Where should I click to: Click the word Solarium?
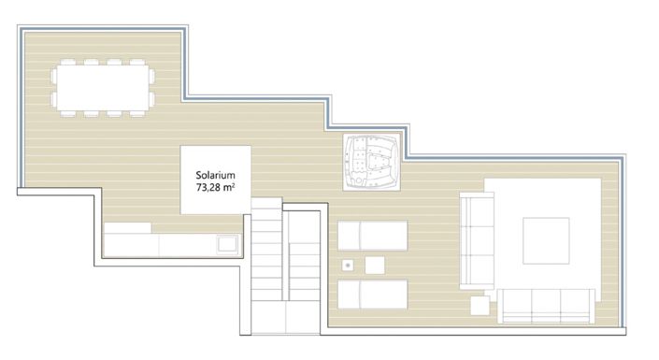pos(214,173)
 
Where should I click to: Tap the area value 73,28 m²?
pos(215,188)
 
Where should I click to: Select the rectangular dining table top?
pos(104,87)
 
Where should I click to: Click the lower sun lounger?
pos(372,295)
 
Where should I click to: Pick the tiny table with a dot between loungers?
pos(349,265)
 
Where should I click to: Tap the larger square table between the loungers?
pos(375,266)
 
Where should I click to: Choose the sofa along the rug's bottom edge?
pos(546,302)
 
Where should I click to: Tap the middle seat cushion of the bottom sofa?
pos(546,300)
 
